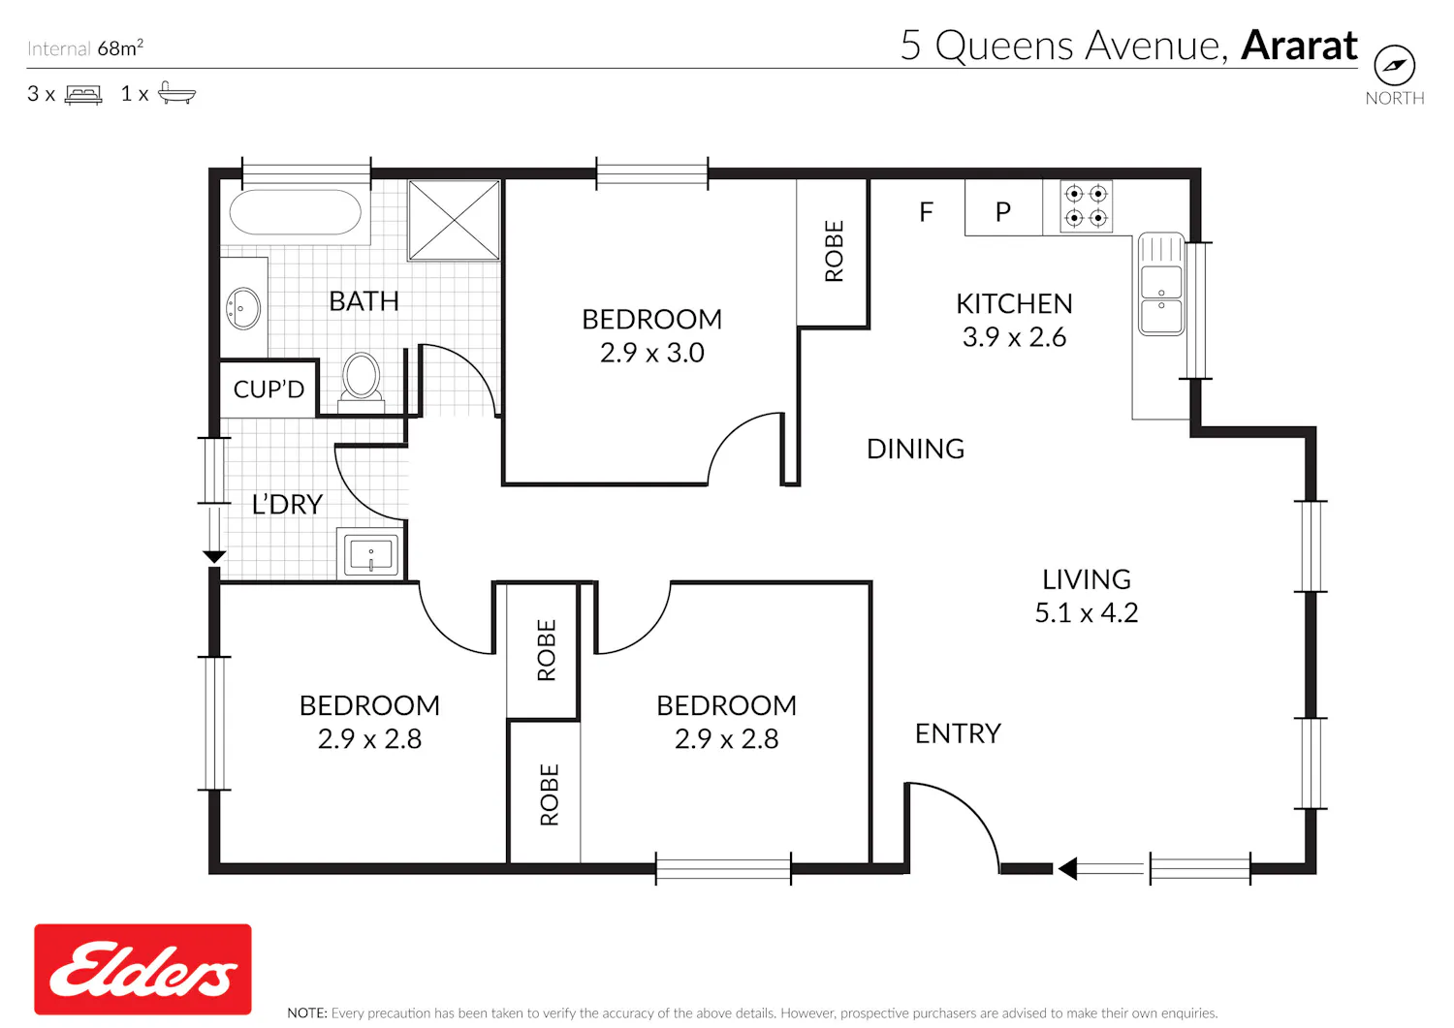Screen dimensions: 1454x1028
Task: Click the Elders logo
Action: click(142, 969)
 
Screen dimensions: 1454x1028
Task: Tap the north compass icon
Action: click(1394, 65)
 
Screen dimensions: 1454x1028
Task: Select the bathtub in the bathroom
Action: click(296, 211)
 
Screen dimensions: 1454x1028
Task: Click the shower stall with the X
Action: click(455, 220)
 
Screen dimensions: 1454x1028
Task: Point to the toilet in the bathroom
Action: click(361, 383)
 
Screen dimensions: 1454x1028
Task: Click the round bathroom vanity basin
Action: click(243, 308)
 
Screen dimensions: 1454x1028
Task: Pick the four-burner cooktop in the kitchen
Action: click(1086, 205)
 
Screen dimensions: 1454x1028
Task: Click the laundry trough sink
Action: click(370, 553)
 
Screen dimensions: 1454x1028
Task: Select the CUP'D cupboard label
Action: click(269, 389)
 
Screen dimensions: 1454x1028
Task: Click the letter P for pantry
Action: click(1003, 211)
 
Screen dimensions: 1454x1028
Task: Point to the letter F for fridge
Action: click(927, 211)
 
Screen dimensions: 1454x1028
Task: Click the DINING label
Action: click(915, 450)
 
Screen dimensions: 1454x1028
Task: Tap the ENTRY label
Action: click(958, 733)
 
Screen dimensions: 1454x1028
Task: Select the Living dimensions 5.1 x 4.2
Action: click(1086, 613)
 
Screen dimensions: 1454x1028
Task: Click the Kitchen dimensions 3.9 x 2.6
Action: click(1014, 337)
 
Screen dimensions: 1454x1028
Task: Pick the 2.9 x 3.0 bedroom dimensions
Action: click(651, 353)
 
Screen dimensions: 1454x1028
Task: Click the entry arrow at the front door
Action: click(1101, 868)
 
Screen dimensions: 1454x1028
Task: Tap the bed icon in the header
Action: click(83, 95)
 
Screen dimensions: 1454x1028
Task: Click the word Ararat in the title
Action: click(1299, 46)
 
